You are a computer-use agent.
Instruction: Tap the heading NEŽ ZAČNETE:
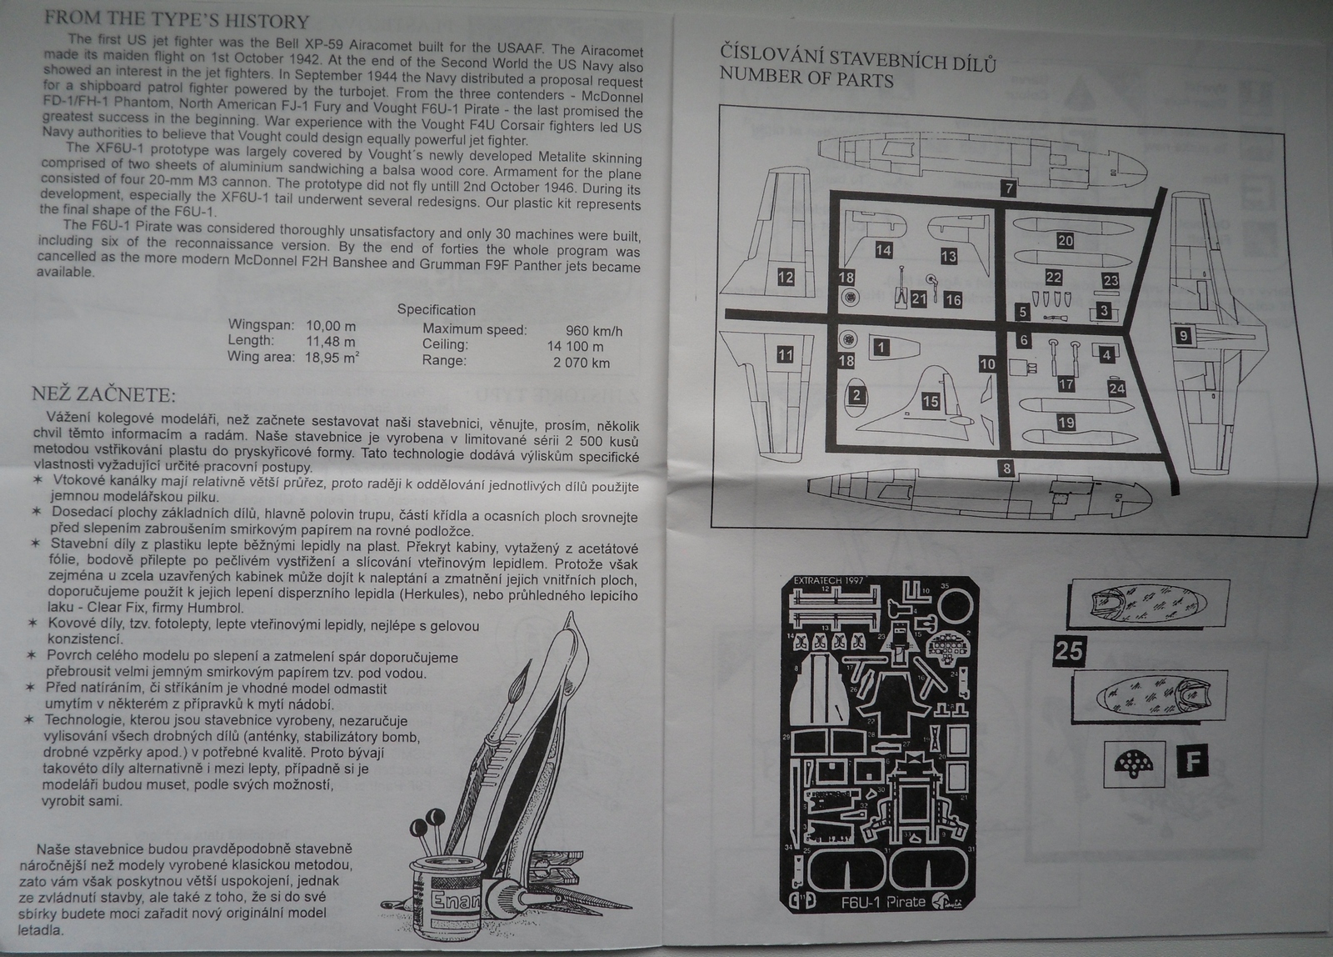tap(103, 394)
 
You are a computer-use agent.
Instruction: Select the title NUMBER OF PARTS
tap(806, 79)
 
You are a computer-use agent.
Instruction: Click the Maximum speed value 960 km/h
tap(593, 330)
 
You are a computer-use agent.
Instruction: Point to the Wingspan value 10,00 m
tap(331, 325)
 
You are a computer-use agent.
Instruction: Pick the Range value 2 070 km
tap(581, 363)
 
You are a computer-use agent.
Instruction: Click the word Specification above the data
tap(436, 309)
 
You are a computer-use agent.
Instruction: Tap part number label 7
tap(1009, 188)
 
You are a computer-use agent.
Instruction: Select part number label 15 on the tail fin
tap(931, 402)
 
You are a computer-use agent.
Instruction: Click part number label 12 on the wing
tap(786, 277)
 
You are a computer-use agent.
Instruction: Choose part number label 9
tap(1183, 336)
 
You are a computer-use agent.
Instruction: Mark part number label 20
tap(1065, 240)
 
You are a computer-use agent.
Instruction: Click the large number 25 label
tap(1068, 649)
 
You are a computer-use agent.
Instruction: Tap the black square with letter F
tap(1193, 760)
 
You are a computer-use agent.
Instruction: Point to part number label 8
tap(1006, 468)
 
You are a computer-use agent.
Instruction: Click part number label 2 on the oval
tap(856, 395)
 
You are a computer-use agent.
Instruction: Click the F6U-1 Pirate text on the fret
tap(883, 901)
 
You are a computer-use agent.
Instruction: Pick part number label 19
tap(1066, 423)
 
